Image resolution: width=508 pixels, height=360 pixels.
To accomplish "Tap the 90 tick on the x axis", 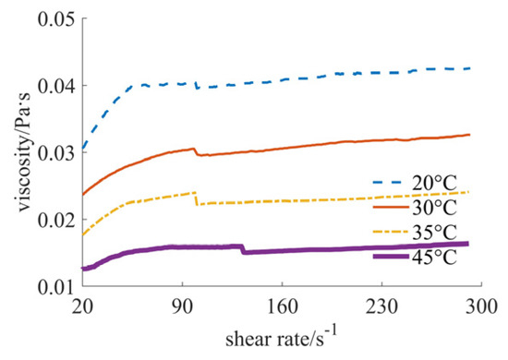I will pyautogui.click(x=182, y=306).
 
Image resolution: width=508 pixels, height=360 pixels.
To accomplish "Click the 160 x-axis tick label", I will pyautogui.click(x=282, y=306).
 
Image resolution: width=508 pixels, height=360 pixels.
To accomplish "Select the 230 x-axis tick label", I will pyautogui.click(x=381, y=306).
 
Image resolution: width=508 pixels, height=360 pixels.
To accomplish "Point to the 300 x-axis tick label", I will pyautogui.click(x=481, y=306).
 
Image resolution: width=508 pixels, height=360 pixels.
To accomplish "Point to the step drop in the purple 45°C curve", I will pyautogui.click(x=242, y=249).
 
